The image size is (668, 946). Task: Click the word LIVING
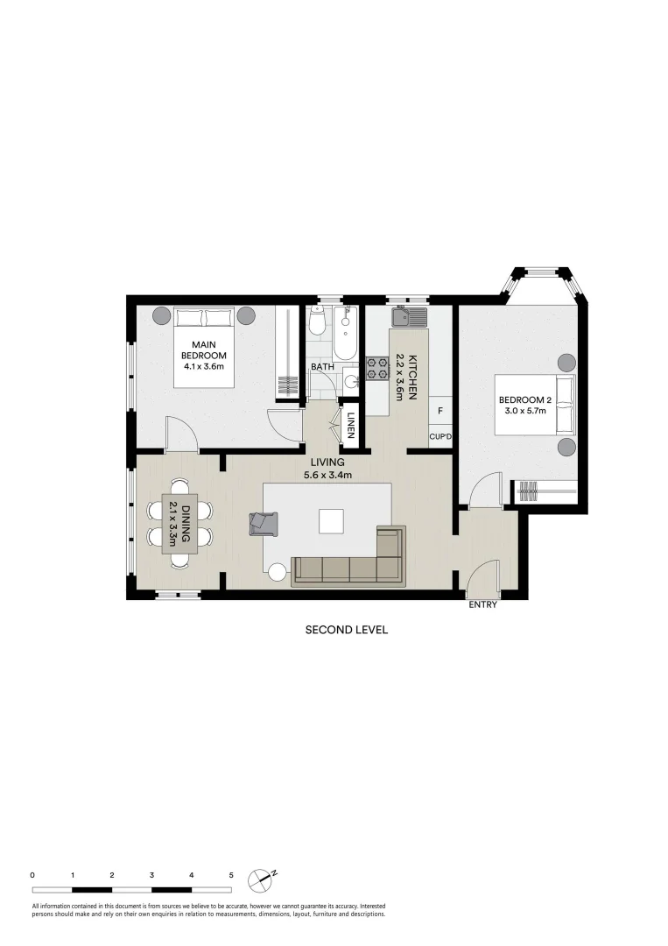click(x=327, y=462)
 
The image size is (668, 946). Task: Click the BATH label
click(x=320, y=367)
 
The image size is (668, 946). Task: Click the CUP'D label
click(x=439, y=437)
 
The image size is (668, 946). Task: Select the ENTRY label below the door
click(x=482, y=604)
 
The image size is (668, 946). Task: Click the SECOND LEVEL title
click(x=346, y=629)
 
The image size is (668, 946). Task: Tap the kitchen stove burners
click(x=377, y=368)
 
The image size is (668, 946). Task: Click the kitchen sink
click(x=408, y=316)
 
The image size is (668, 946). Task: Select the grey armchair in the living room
click(x=260, y=523)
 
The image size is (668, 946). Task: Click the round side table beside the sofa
click(x=278, y=573)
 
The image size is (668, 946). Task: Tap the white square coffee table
click(x=332, y=521)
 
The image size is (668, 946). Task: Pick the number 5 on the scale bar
click(x=231, y=874)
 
